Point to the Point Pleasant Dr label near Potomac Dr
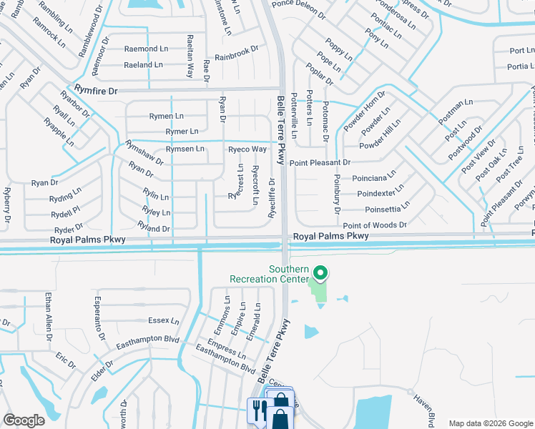(x=320, y=163)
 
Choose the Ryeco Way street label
(x=247, y=149)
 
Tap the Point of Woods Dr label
(x=375, y=225)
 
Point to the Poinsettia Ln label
(x=387, y=209)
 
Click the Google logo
(x=24, y=420)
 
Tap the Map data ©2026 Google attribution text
(x=490, y=423)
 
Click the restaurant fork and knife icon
(x=257, y=410)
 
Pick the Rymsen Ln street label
(x=185, y=149)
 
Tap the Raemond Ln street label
(x=146, y=49)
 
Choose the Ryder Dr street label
(x=69, y=230)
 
